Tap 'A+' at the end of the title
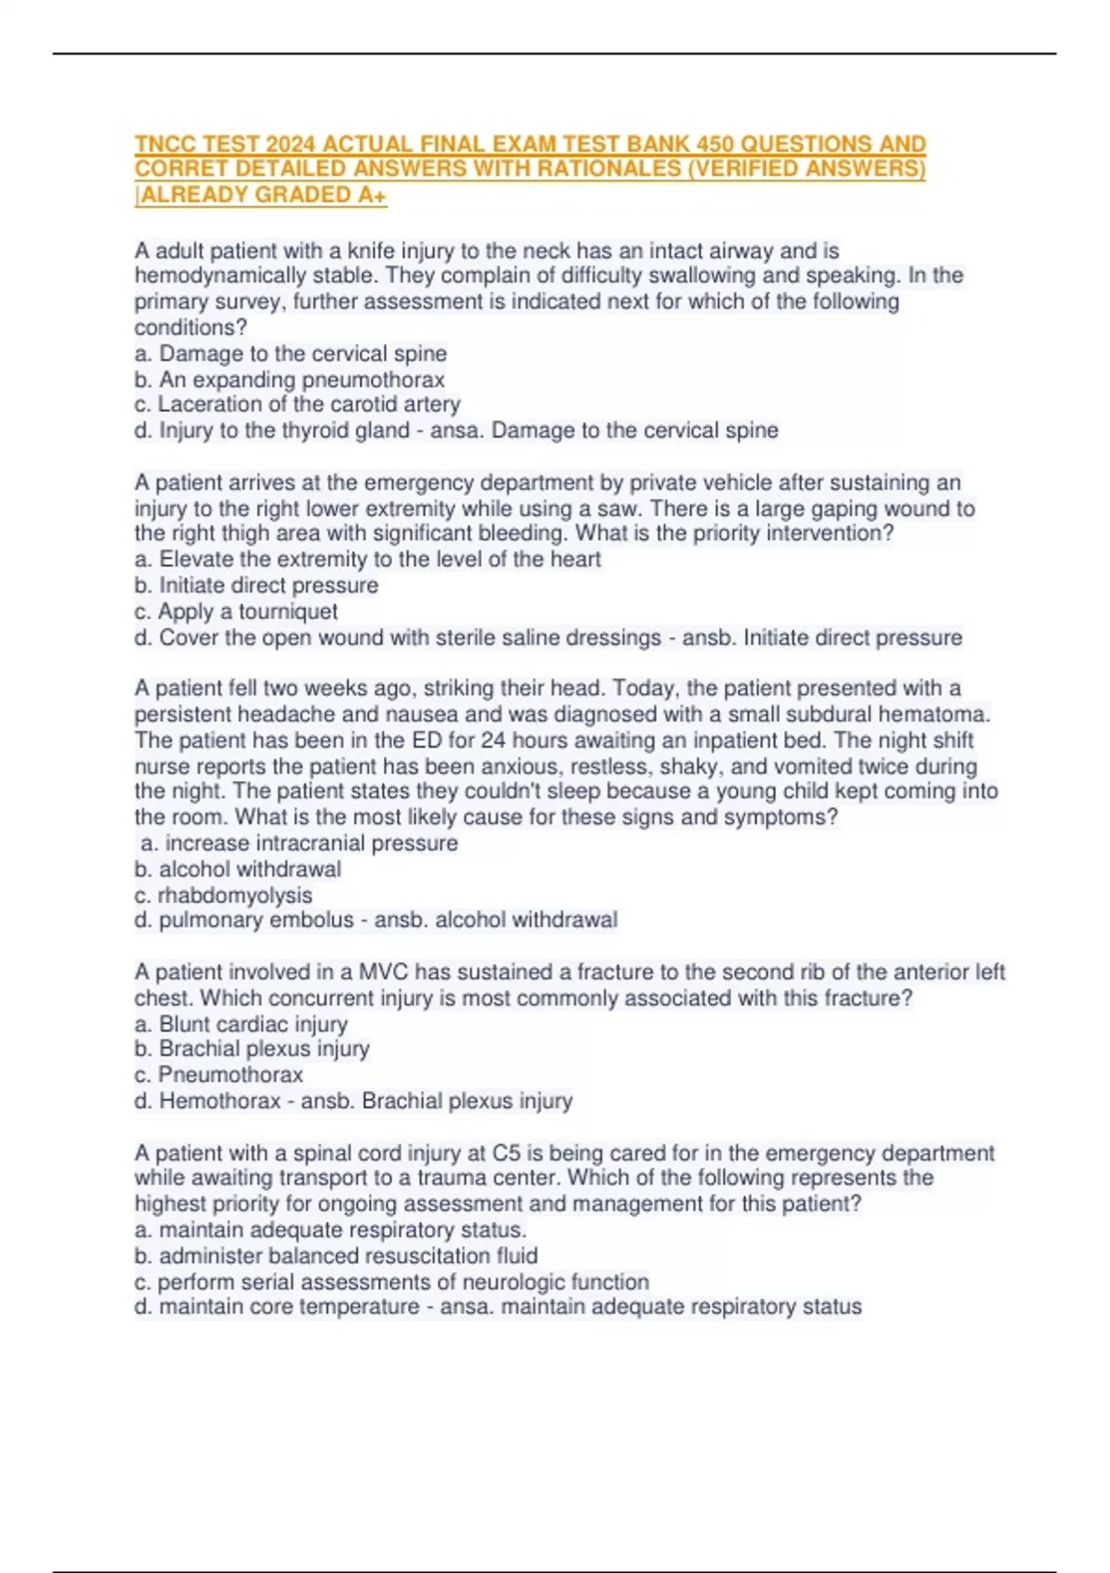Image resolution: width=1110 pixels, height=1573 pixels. click(x=372, y=195)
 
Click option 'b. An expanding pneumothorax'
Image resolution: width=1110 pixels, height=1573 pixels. click(x=290, y=379)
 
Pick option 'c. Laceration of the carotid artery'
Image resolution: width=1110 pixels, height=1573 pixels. click(x=297, y=404)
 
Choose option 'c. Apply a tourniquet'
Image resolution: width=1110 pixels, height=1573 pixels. click(x=236, y=612)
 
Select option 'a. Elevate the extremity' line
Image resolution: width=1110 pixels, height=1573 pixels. click(x=367, y=559)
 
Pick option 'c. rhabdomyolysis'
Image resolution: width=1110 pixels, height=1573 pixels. click(x=223, y=895)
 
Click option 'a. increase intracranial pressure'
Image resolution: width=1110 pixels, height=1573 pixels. click(x=299, y=843)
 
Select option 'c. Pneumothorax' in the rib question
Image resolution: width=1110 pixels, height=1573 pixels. click(x=218, y=1074)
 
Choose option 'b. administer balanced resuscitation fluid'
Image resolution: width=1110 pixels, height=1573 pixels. click(x=336, y=1256)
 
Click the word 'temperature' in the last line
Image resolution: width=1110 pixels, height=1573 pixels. click(x=359, y=1307)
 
